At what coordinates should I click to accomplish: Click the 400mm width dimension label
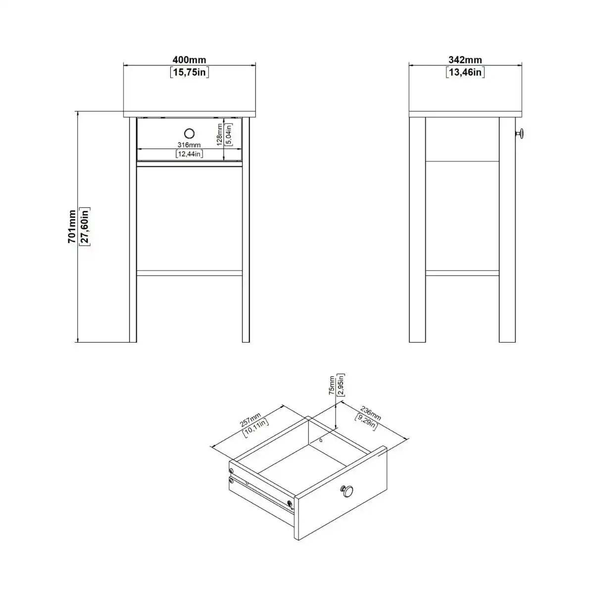click(190, 60)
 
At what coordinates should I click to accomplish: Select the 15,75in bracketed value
click(190, 73)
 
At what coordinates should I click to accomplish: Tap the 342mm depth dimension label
click(465, 60)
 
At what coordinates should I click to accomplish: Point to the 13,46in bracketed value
click(465, 73)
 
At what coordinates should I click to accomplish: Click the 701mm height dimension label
click(72, 226)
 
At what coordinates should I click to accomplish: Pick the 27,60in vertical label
click(84, 226)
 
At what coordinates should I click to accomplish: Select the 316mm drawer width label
click(190, 145)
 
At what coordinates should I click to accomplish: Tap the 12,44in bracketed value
click(190, 154)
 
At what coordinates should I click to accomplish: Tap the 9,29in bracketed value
click(367, 420)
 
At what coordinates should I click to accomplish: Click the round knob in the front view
click(190, 133)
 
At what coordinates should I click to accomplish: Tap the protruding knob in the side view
click(520, 133)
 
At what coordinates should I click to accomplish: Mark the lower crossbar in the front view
click(190, 273)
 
